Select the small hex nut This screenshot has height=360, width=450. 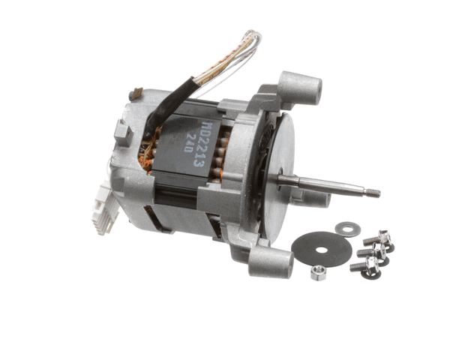317,272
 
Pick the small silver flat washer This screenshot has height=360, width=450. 347,228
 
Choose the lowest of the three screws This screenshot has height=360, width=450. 364,265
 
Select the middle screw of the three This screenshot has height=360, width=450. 370,252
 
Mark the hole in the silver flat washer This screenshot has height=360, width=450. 347,228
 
